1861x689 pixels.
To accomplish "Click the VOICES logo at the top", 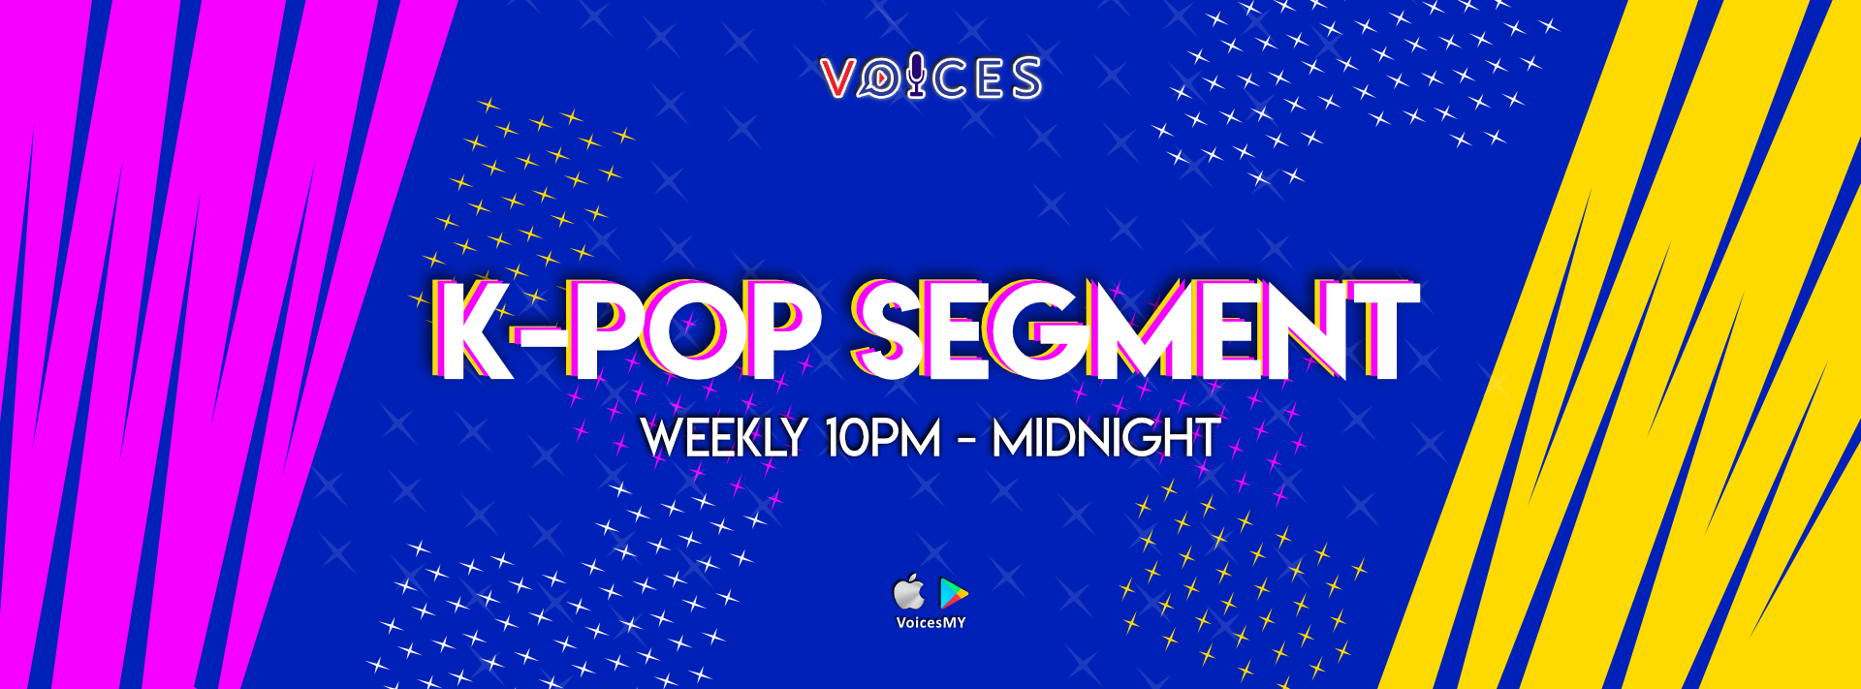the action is coord(930,78).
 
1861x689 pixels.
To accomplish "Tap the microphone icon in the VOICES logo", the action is coord(916,78).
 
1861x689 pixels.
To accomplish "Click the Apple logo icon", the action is coord(908,592).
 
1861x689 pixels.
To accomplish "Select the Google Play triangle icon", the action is coord(954,593).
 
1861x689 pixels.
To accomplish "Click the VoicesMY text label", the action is coord(930,623).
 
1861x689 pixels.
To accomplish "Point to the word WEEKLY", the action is coord(724,438).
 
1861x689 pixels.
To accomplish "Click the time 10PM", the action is coord(883,438).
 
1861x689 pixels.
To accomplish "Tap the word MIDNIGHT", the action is coord(1106,438).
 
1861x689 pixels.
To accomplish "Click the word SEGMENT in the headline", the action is coord(1135,330).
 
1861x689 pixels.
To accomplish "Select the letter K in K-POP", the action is coord(472,330).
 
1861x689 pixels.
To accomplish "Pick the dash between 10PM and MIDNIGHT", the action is coord(966,441).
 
